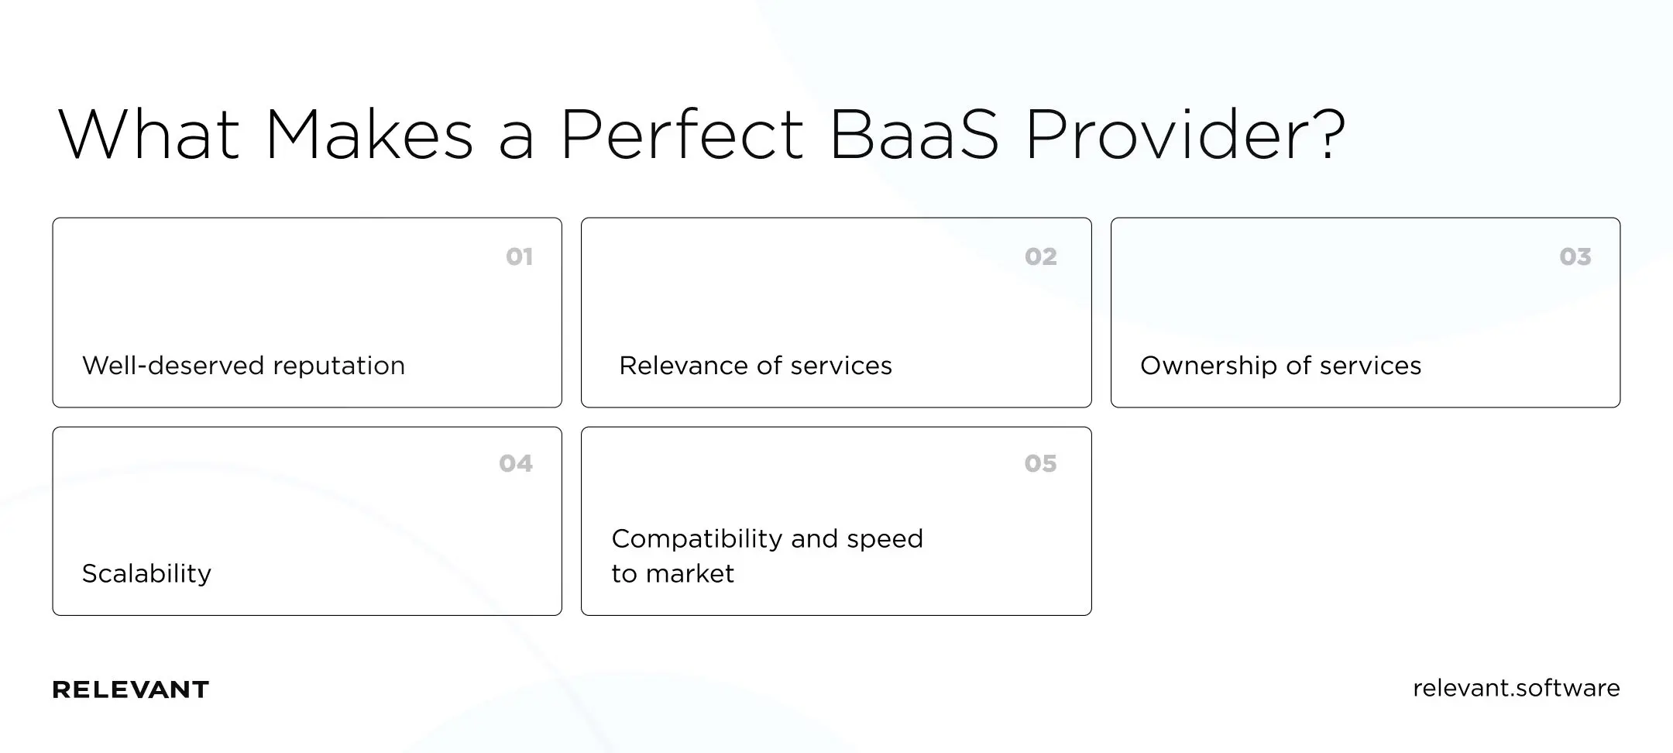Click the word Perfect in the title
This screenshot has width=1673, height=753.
(x=682, y=136)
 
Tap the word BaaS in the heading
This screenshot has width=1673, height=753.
(x=914, y=136)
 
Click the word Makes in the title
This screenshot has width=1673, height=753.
(x=369, y=136)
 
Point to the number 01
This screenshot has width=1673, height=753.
(x=519, y=256)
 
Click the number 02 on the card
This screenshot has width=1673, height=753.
(x=1040, y=256)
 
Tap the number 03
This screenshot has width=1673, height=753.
(x=1575, y=256)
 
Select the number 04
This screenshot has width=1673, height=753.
(x=515, y=463)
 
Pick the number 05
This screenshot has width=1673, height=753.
(x=1040, y=463)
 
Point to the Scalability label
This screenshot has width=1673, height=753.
(x=146, y=573)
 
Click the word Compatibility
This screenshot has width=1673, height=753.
(x=696, y=538)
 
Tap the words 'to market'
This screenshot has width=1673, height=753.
(x=672, y=573)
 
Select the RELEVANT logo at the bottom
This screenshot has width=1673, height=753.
(x=130, y=689)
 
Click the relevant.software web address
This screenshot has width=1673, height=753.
(x=1516, y=688)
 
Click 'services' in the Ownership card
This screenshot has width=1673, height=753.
(x=1370, y=366)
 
